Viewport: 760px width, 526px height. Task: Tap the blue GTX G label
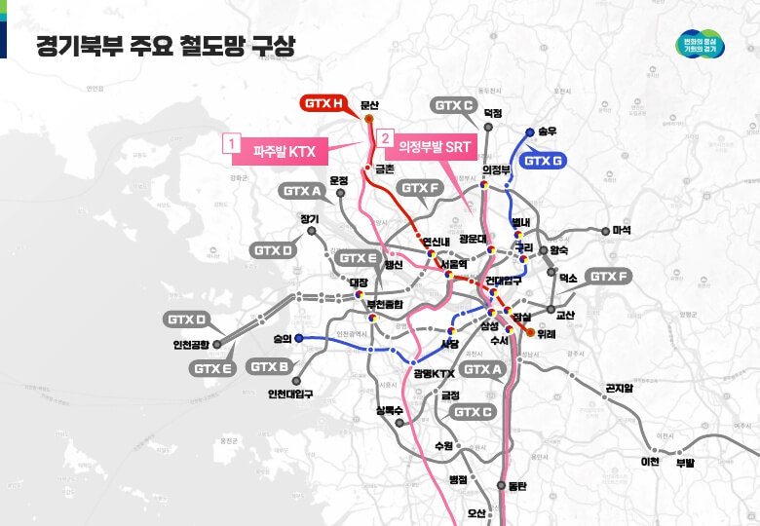545,161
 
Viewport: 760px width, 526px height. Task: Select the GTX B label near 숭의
269,367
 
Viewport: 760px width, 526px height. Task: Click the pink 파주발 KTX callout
284,150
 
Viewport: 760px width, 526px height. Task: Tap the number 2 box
385,140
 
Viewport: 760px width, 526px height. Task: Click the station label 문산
368,104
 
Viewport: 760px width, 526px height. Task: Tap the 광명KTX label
434,373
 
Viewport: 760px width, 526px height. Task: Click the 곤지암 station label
619,388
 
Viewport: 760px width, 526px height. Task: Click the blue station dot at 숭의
298,338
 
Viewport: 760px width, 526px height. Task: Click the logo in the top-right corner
705,46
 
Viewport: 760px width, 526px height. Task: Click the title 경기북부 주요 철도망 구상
165,47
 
